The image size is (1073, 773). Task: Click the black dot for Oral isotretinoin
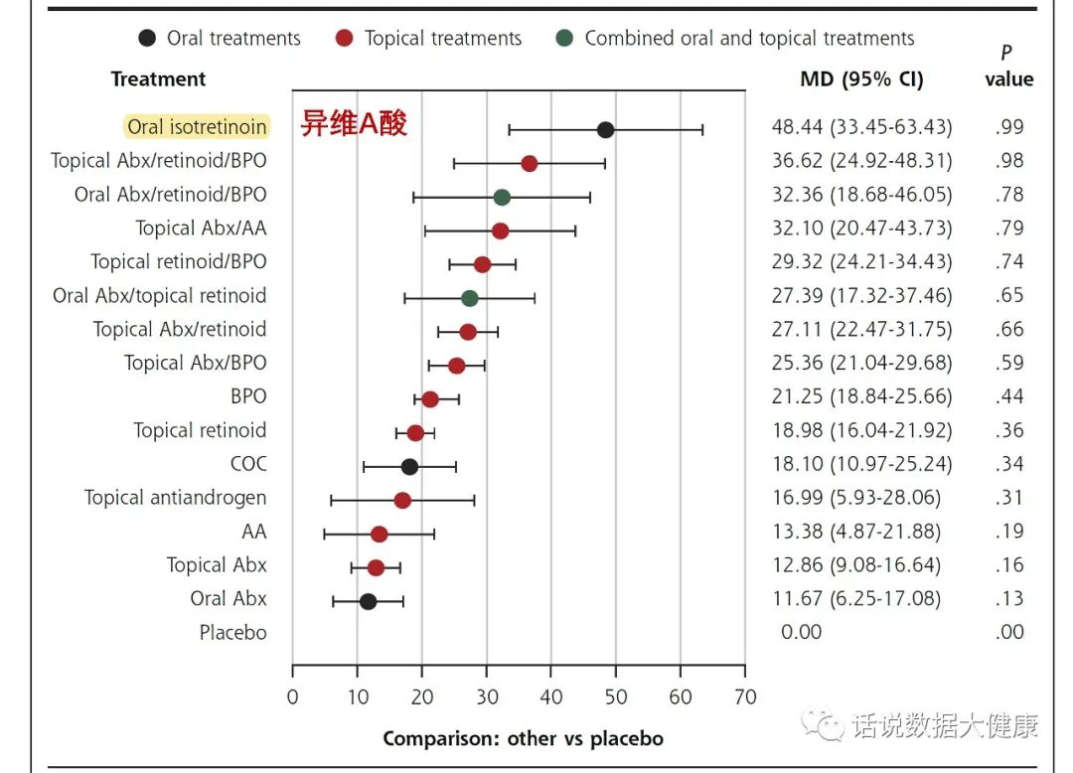coord(605,129)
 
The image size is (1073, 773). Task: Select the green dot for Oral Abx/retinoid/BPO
coord(502,197)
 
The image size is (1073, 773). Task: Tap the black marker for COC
coord(409,466)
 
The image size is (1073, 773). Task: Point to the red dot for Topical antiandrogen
coord(402,500)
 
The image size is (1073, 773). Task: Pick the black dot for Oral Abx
coord(368,601)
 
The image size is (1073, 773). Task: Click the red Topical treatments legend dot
coord(344,39)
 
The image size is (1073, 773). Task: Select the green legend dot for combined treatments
coord(563,39)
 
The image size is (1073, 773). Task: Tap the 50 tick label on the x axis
coord(615,696)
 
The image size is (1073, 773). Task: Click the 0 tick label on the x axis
coord(292,696)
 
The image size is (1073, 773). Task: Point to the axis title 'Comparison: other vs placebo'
coord(523,738)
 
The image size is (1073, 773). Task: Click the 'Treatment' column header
coord(158,79)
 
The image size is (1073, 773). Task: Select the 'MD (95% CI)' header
coord(861,79)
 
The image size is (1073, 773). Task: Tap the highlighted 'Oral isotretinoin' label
coord(197,127)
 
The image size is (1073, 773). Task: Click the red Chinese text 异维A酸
coord(354,125)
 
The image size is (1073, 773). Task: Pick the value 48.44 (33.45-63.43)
coord(861,127)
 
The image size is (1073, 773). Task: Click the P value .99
coord(1008,127)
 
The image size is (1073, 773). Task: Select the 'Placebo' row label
coord(232,633)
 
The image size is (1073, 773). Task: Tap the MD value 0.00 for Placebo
coord(801,633)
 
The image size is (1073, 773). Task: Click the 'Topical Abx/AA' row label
coord(201,229)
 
